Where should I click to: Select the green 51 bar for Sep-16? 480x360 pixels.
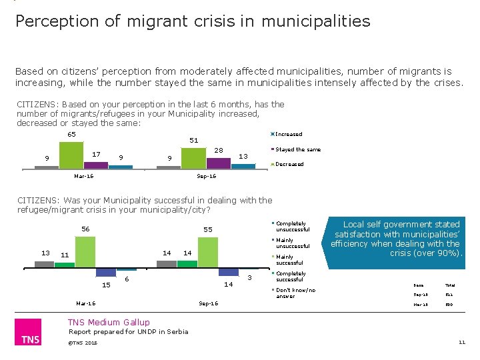[194, 158]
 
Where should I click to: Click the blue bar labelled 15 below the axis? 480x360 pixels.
[105, 272]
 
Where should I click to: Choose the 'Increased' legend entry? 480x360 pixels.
[288, 134]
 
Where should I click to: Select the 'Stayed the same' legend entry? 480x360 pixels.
[297, 149]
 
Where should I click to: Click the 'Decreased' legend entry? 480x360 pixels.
[289, 164]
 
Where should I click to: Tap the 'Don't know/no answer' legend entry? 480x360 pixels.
[295, 293]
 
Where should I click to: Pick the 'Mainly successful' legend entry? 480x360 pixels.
[289, 259]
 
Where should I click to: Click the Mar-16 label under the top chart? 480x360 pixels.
[85, 176]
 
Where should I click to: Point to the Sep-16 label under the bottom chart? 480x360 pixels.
[208, 303]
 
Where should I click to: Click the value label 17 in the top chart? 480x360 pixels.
[97, 154]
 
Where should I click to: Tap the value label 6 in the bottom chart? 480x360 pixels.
[127, 279]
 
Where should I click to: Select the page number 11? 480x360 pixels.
[461, 343]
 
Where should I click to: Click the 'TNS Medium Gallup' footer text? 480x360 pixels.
[109, 323]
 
